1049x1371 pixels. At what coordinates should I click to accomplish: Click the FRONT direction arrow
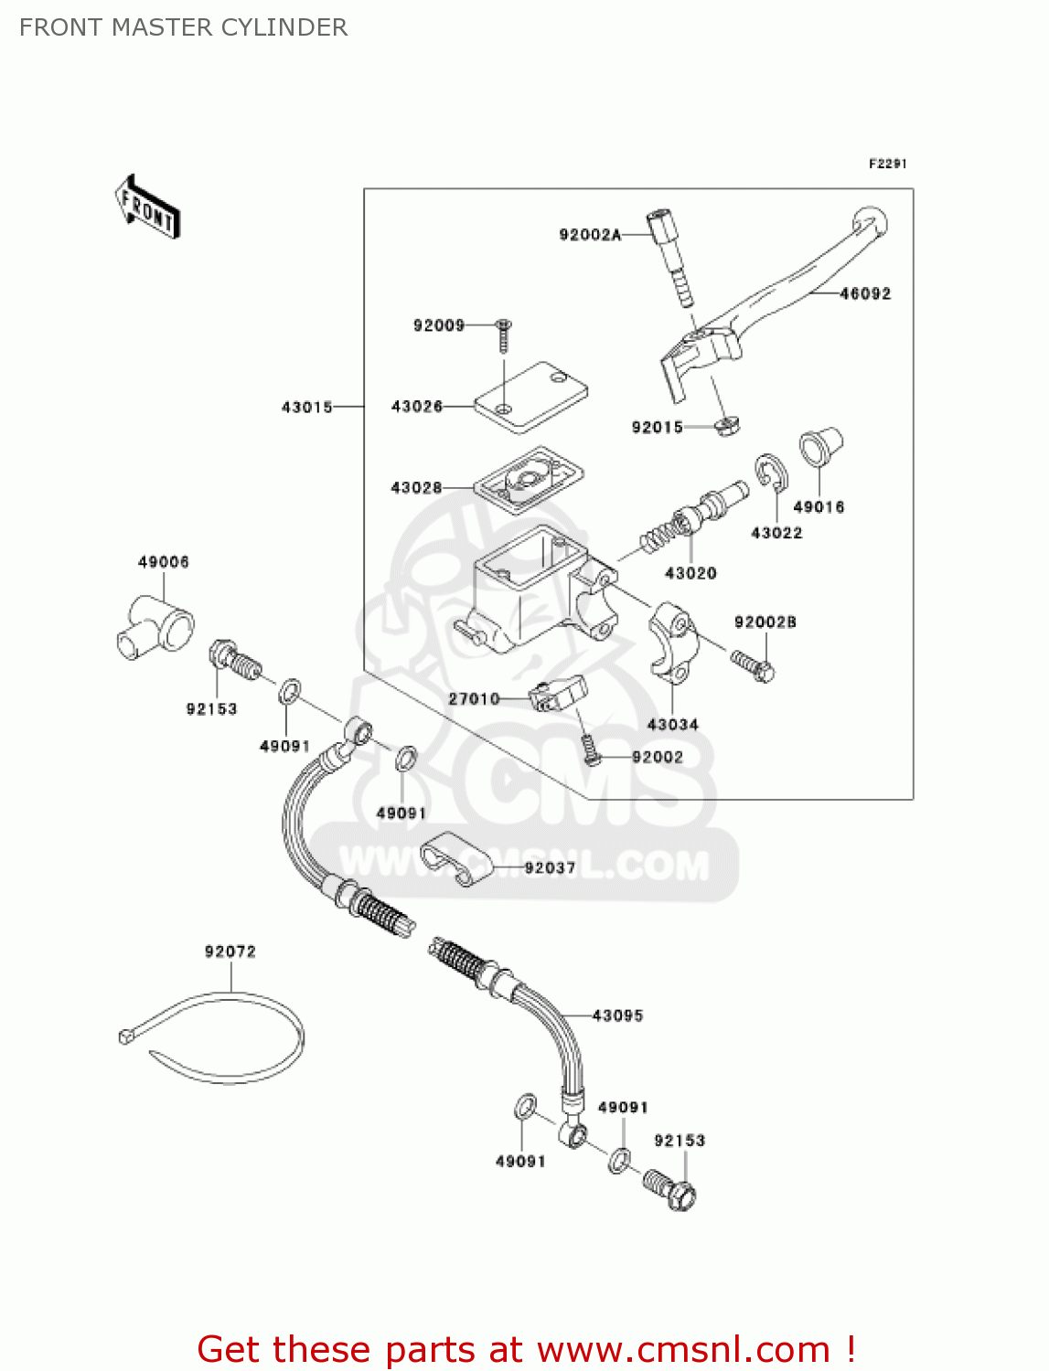point(147,207)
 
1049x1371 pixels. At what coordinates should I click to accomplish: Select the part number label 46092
point(864,293)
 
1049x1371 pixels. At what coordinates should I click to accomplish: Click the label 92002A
point(590,235)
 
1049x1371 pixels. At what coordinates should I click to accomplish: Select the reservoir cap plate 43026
point(531,394)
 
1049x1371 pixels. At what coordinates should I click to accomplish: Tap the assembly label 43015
point(306,407)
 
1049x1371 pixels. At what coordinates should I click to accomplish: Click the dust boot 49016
point(819,449)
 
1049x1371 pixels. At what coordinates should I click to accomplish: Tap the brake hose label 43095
point(617,1015)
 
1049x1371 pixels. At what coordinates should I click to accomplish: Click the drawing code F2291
point(887,164)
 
